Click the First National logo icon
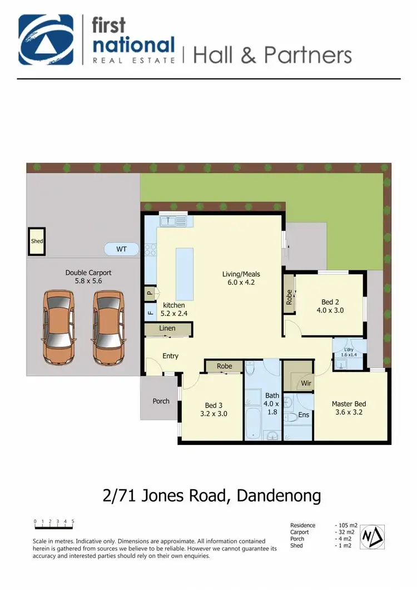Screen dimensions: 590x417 click(46, 40)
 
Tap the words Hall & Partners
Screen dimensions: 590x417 click(272, 55)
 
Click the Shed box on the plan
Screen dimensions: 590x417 click(37, 241)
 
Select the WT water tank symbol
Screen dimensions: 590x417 click(121, 249)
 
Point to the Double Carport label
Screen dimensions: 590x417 click(88, 277)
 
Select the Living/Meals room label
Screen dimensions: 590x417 click(241, 277)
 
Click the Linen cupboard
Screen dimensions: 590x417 click(167, 329)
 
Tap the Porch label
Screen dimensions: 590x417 click(162, 401)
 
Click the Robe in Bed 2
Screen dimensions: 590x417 click(289, 297)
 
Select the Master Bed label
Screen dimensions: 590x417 click(349, 408)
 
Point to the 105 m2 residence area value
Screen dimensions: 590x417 click(346, 525)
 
